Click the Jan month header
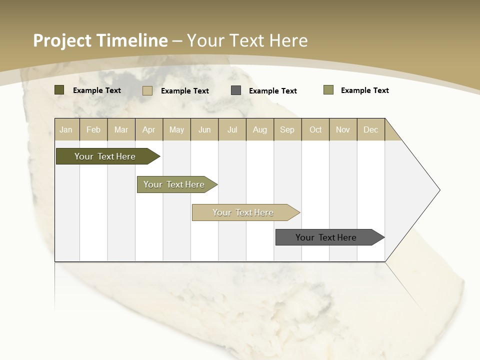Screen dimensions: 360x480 (x=66, y=129)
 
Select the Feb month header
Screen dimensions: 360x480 (x=93, y=129)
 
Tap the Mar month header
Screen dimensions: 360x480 (x=121, y=129)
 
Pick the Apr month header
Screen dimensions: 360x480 (x=149, y=129)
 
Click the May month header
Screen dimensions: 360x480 (x=176, y=129)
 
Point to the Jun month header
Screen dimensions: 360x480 (x=204, y=129)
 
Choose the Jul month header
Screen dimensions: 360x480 (x=232, y=129)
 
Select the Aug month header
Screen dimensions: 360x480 (x=260, y=129)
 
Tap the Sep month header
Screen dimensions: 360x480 (x=287, y=129)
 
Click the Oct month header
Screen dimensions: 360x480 (x=315, y=129)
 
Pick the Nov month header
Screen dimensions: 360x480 (x=343, y=129)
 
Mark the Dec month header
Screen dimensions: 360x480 (x=370, y=129)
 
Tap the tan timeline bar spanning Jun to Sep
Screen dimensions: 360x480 (x=243, y=212)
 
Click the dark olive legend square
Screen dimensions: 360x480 (x=59, y=90)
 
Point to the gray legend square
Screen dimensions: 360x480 (x=236, y=90)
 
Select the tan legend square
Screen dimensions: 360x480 (x=147, y=90)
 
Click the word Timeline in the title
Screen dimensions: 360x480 (x=132, y=40)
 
